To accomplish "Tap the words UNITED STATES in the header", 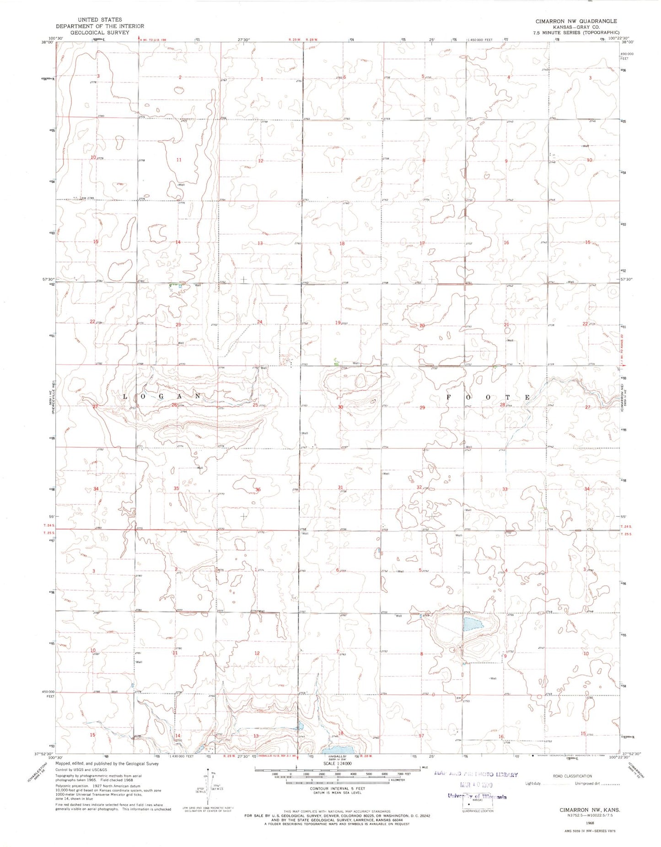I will pos(100,20).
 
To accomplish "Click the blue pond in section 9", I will pos(472,624).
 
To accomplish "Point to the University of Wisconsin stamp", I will pos(477,796).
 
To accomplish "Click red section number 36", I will pos(258,489).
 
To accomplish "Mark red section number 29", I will pos(422,407).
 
